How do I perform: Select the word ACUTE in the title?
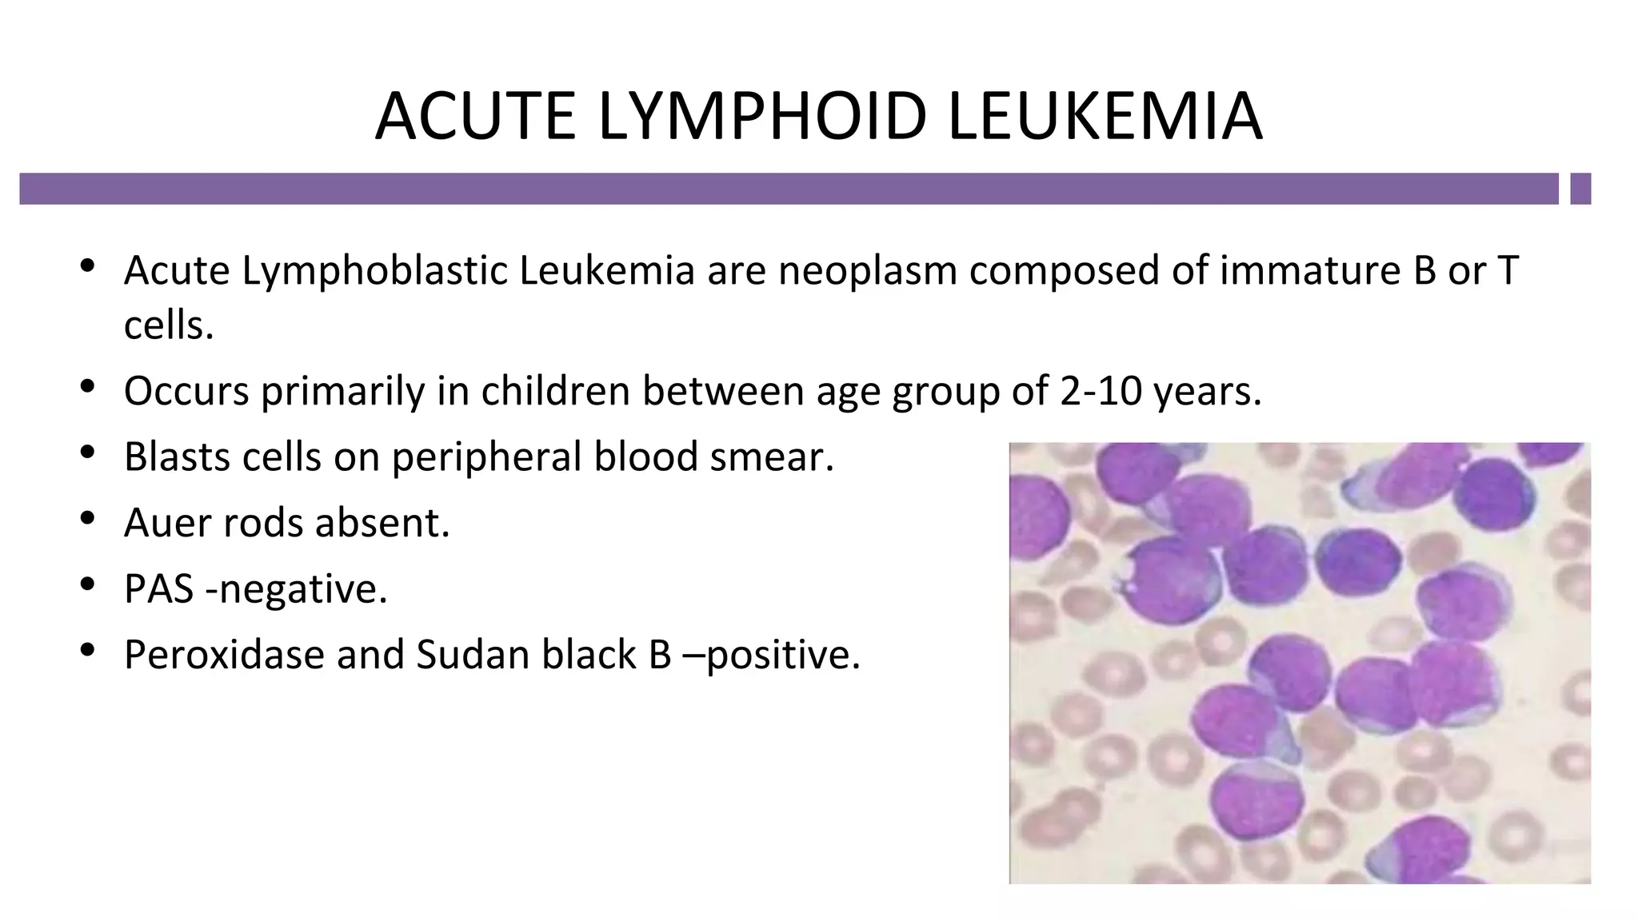tap(476, 117)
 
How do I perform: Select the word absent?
tap(382, 523)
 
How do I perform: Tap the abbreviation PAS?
tap(158, 589)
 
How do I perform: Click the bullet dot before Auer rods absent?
tap(88, 520)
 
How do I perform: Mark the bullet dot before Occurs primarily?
tap(88, 388)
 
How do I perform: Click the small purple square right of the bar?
tap(1580, 189)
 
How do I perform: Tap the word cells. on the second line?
tap(169, 325)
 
